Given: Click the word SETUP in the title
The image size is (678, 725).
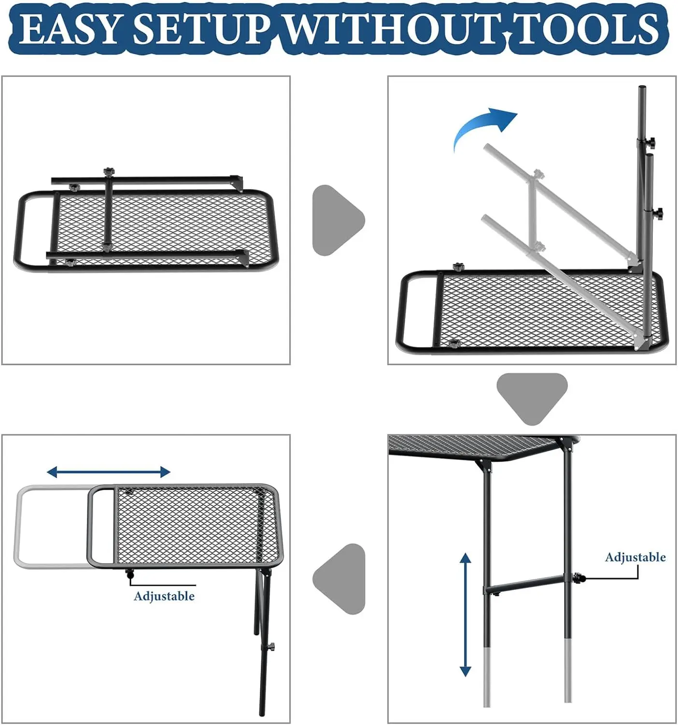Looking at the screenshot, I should [201, 29].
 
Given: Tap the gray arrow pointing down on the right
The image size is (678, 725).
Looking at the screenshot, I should [532, 396].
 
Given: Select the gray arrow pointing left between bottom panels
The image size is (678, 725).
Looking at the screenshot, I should [341, 579].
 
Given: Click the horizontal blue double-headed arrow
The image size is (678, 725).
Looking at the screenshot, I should [109, 472].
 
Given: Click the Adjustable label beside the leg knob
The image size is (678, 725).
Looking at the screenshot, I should [635, 557].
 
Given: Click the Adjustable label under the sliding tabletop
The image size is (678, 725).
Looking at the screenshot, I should [164, 596].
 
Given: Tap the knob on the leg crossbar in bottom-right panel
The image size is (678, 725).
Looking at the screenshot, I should [578, 577].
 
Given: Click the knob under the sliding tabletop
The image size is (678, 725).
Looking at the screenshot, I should [129, 574].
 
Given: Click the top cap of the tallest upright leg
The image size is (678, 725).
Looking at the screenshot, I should [642, 89].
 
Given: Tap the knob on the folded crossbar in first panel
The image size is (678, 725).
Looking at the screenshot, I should [108, 172].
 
